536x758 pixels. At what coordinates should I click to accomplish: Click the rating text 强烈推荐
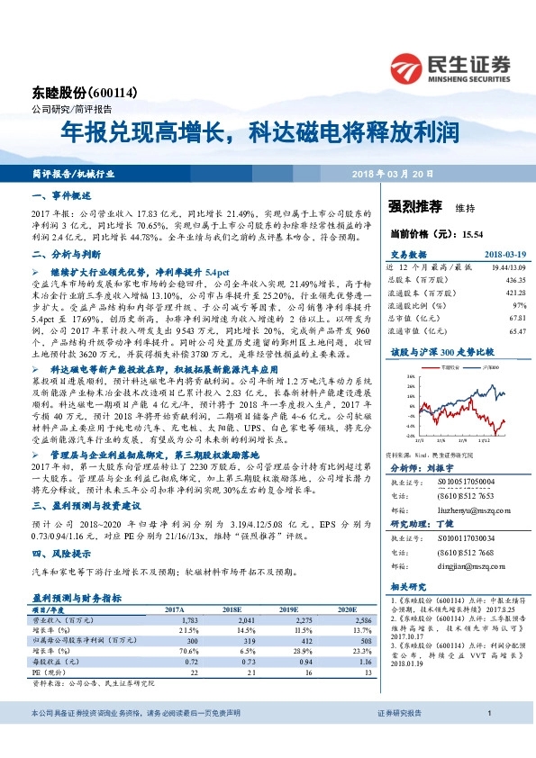point(416,207)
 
